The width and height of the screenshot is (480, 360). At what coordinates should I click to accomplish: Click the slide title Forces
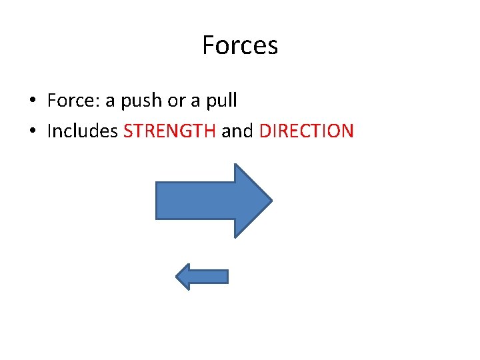[240, 45]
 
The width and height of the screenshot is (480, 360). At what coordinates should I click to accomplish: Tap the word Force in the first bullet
[69, 101]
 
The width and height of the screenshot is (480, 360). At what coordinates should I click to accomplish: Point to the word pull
[223, 101]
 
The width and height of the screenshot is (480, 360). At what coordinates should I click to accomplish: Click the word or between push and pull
[176, 101]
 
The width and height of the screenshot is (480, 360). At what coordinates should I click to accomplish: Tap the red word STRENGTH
[169, 131]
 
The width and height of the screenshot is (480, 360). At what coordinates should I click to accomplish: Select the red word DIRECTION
[306, 131]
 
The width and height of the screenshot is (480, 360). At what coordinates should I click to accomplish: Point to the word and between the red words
[237, 131]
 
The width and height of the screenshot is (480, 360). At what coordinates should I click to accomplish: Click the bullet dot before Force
[32, 101]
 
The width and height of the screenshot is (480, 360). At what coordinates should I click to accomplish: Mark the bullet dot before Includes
[32, 131]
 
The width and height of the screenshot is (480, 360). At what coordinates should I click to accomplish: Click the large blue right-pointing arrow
[213, 200]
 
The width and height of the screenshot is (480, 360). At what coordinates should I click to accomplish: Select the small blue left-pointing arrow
[201, 277]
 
